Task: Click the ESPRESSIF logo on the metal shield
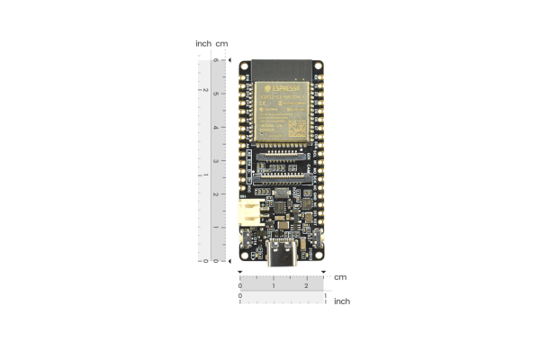[281, 88]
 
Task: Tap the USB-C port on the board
[282, 256]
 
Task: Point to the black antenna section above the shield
[282, 68]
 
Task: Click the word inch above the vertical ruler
[203, 43]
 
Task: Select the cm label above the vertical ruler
[221, 43]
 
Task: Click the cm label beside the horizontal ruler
[340, 277]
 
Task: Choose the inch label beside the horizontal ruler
[342, 301]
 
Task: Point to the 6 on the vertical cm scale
[214, 61]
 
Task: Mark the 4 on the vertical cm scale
[214, 128]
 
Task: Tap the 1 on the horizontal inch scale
[325, 295]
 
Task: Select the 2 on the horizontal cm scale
[307, 285]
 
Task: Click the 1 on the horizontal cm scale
[274, 285]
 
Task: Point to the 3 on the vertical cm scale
[214, 161]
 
